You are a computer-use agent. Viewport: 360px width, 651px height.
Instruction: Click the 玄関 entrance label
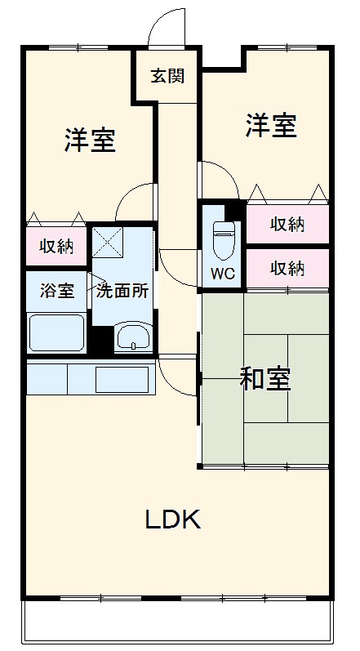point(167,76)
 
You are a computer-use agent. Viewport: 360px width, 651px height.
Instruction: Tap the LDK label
point(172,519)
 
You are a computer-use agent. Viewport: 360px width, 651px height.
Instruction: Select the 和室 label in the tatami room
point(264,379)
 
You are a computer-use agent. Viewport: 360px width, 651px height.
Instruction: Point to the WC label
point(223,274)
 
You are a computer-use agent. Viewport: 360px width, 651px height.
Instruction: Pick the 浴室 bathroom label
point(56,292)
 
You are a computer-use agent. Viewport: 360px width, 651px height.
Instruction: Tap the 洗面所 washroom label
point(123,292)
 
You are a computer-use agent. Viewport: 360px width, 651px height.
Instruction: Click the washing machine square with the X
point(107,243)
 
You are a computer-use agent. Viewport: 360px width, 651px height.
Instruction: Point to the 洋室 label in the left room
point(90,140)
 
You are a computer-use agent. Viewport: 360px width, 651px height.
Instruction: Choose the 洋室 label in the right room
point(270,126)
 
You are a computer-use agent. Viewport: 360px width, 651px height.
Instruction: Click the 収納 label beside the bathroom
point(56,247)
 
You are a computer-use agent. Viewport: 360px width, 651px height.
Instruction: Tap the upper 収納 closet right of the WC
point(287,224)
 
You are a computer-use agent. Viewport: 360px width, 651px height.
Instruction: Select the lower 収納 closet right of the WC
point(287,267)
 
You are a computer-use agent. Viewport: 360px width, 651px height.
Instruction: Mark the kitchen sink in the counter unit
point(122,379)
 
